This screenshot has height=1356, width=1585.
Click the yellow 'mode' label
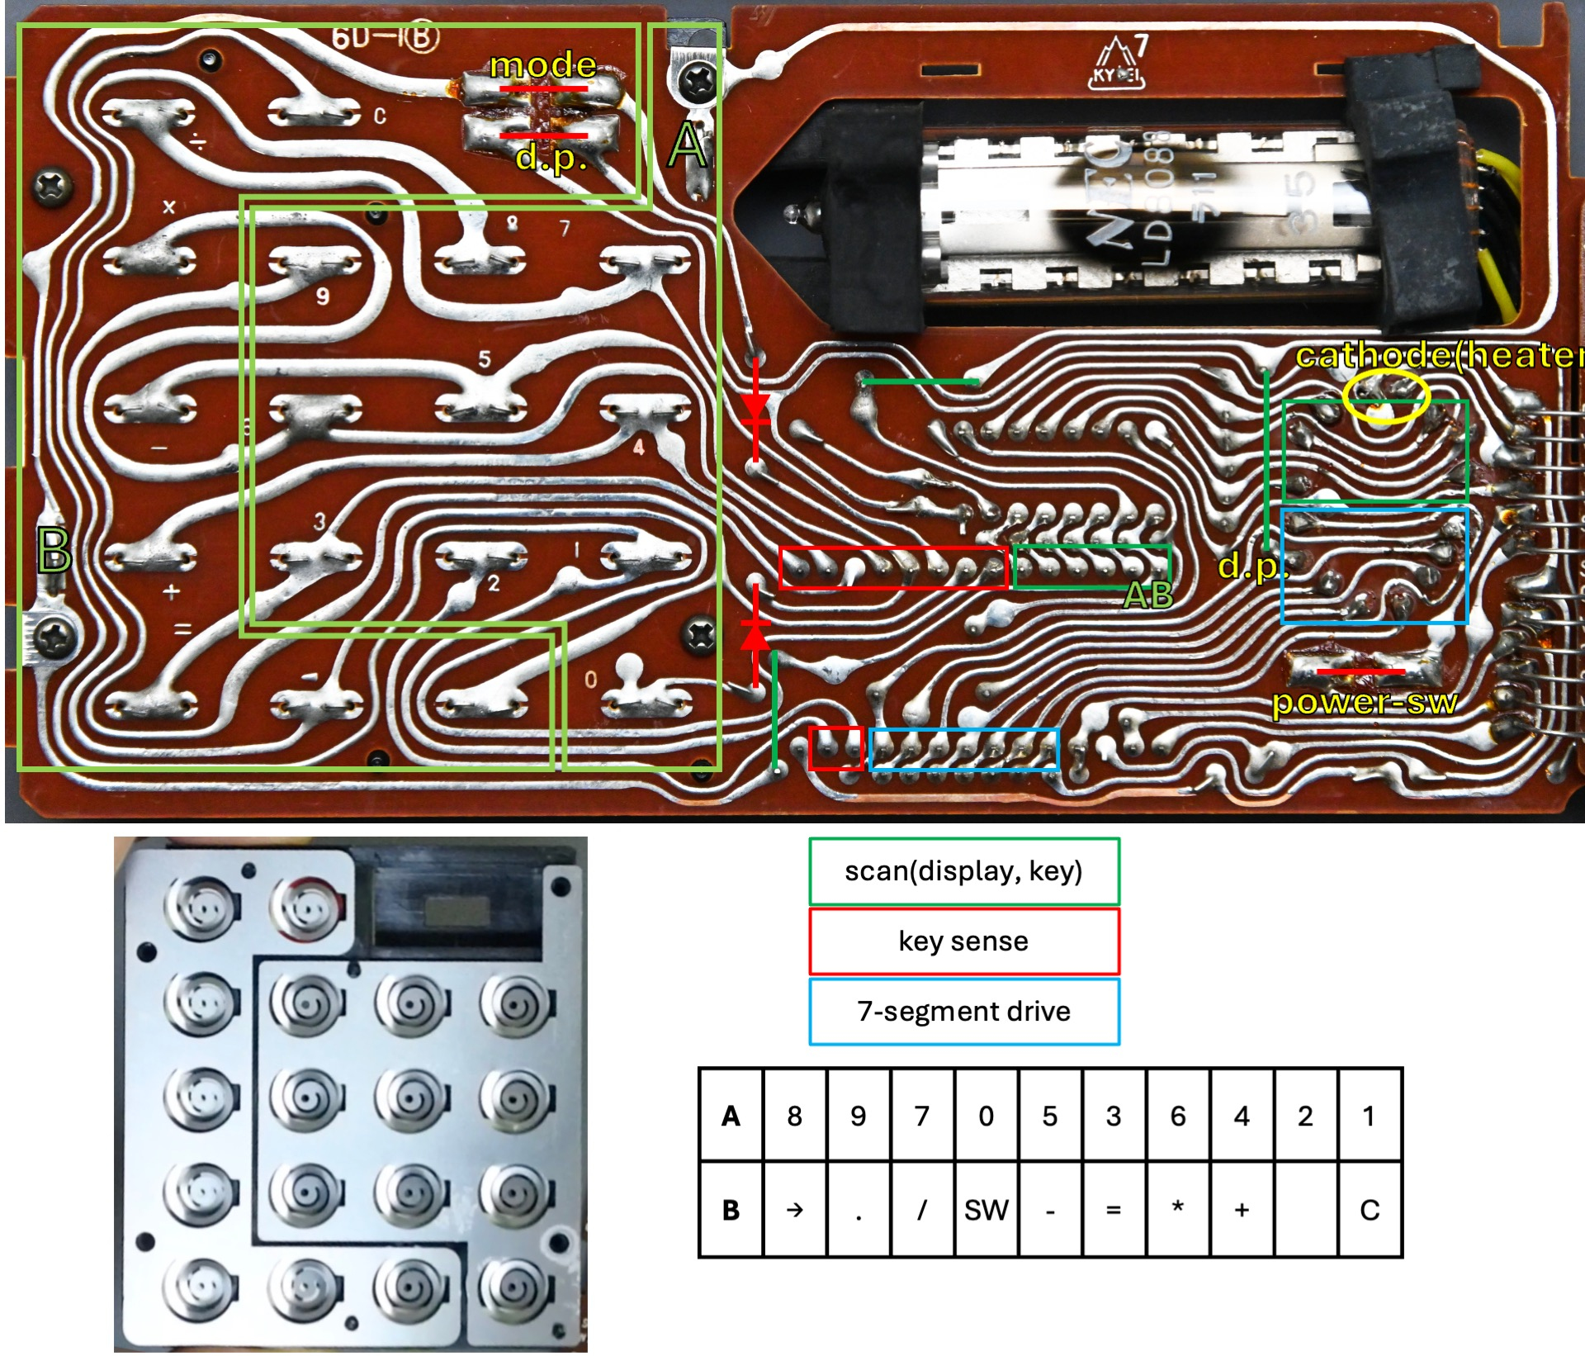pyautogui.click(x=542, y=65)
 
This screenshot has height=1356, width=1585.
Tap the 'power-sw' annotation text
pyautogui.click(x=1364, y=703)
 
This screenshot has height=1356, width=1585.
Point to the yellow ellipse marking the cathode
pyautogui.click(x=1386, y=396)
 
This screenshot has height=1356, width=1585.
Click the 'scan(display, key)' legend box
pyautogui.click(x=963, y=871)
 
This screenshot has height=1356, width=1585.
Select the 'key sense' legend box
pyautogui.click(x=963, y=941)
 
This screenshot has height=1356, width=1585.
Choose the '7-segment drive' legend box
pyautogui.click(x=963, y=1012)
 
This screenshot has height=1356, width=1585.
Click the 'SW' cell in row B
pyautogui.click(x=986, y=1210)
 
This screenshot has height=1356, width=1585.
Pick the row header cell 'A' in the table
pyautogui.click(x=731, y=1116)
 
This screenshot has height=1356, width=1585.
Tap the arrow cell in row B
pyautogui.click(x=794, y=1210)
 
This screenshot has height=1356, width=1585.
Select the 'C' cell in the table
pyautogui.click(x=1369, y=1210)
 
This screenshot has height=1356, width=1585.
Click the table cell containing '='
pyautogui.click(x=1114, y=1210)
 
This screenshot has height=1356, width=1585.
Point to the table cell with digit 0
pyautogui.click(x=986, y=1116)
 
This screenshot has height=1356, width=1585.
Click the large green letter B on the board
pyautogui.click(x=54, y=550)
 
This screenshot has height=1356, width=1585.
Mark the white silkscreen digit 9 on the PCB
pyautogui.click(x=323, y=296)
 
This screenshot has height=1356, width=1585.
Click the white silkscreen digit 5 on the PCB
pyautogui.click(x=485, y=359)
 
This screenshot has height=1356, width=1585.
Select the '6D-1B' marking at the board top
pyautogui.click(x=385, y=37)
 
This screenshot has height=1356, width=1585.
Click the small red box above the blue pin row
pyautogui.click(x=835, y=748)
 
